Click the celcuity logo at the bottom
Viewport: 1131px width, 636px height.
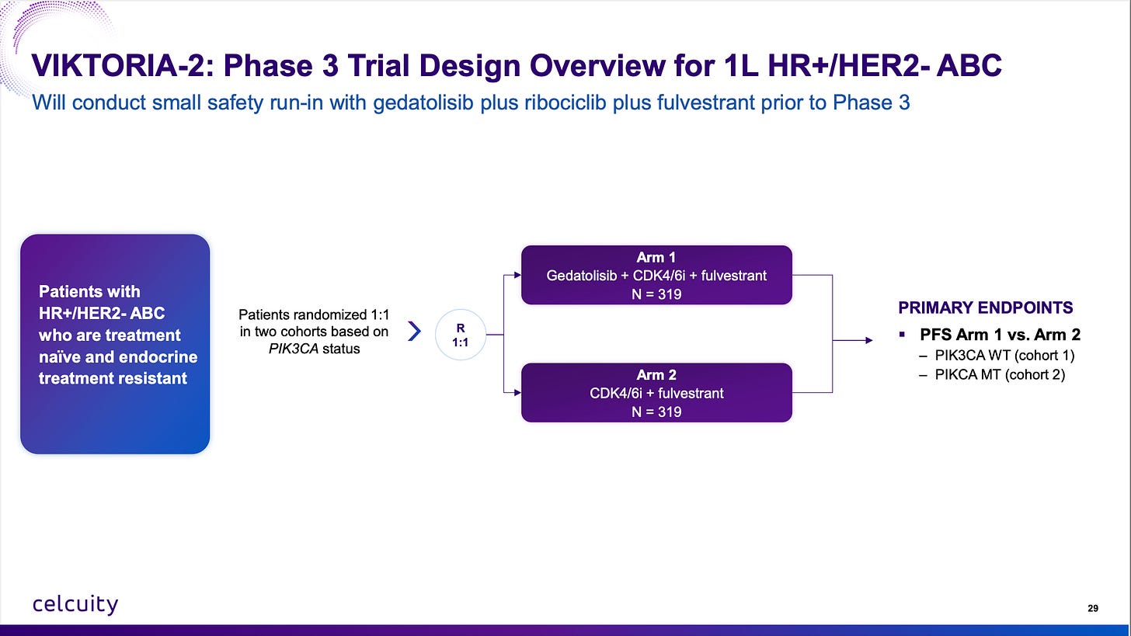(x=75, y=604)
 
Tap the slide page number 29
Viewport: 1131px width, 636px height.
(x=1093, y=608)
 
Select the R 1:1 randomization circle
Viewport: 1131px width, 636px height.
(x=460, y=335)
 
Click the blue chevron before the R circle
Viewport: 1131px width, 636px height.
(x=414, y=331)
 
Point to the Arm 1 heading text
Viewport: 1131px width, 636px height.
(x=656, y=258)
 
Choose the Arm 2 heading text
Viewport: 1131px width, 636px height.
(x=656, y=375)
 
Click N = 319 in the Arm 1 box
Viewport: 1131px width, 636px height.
(x=656, y=294)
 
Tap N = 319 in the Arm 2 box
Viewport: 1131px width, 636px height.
(x=656, y=412)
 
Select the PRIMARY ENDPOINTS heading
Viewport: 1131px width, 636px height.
(x=986, y=308)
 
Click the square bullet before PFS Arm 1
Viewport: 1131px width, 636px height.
(x=903, y=334)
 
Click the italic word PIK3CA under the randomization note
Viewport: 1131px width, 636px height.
(x=294, y=349)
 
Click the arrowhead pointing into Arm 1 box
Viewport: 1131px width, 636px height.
(x=517, y=275)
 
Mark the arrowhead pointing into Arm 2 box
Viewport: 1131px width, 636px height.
(x=517, y=393)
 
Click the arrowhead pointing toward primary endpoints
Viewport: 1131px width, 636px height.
(x=869, y=341)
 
